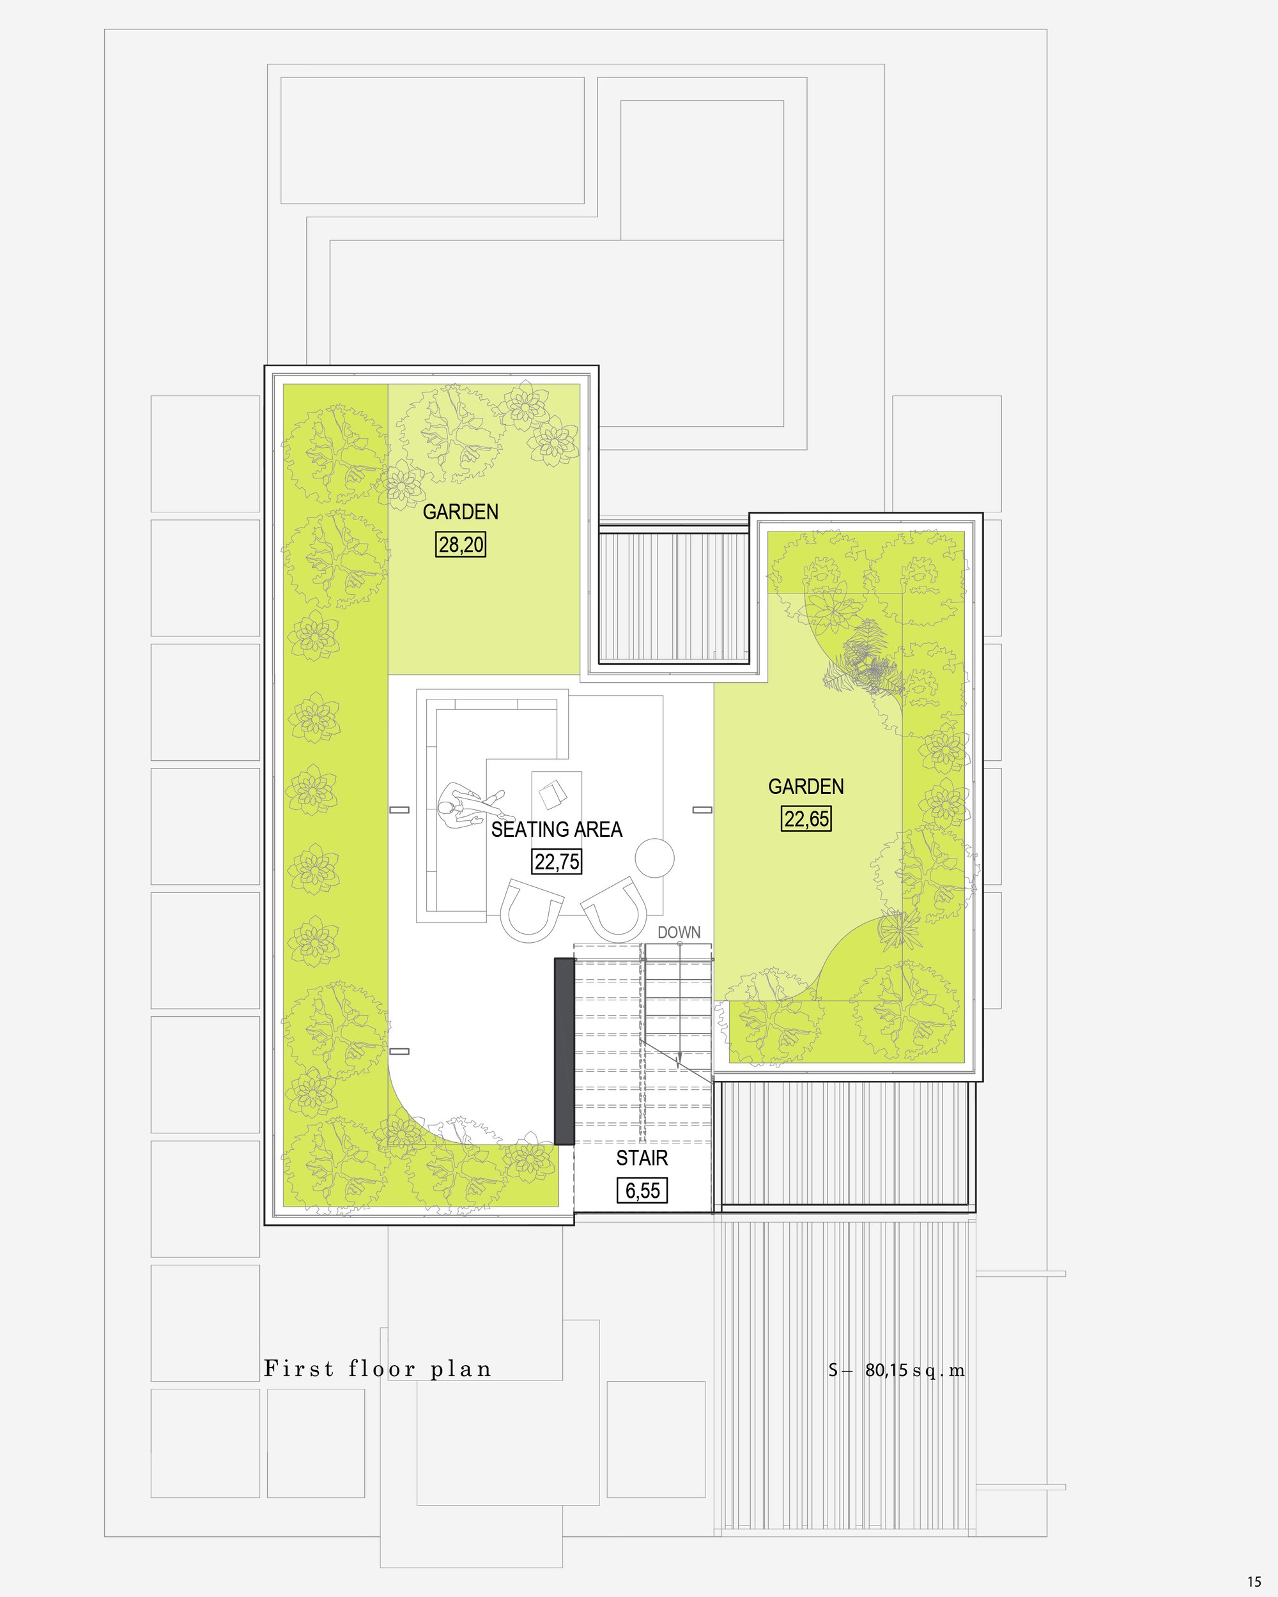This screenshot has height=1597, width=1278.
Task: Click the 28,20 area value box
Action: (460, 544)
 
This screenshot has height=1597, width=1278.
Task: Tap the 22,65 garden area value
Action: (806, 818)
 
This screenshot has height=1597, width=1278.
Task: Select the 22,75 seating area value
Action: (557, 862)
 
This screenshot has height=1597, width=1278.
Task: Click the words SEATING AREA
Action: (557, 830)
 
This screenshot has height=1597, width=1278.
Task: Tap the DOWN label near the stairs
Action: (679, 933)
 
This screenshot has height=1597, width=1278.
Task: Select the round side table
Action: (654, 858)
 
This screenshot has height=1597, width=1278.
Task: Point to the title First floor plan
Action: (378, 1369)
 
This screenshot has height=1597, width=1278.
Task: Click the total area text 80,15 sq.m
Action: (915, 1370)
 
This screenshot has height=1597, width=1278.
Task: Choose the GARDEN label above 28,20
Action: (460, 512)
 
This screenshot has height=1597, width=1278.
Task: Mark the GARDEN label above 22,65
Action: (806, 786)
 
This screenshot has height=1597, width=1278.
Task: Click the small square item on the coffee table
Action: (553, 795)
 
